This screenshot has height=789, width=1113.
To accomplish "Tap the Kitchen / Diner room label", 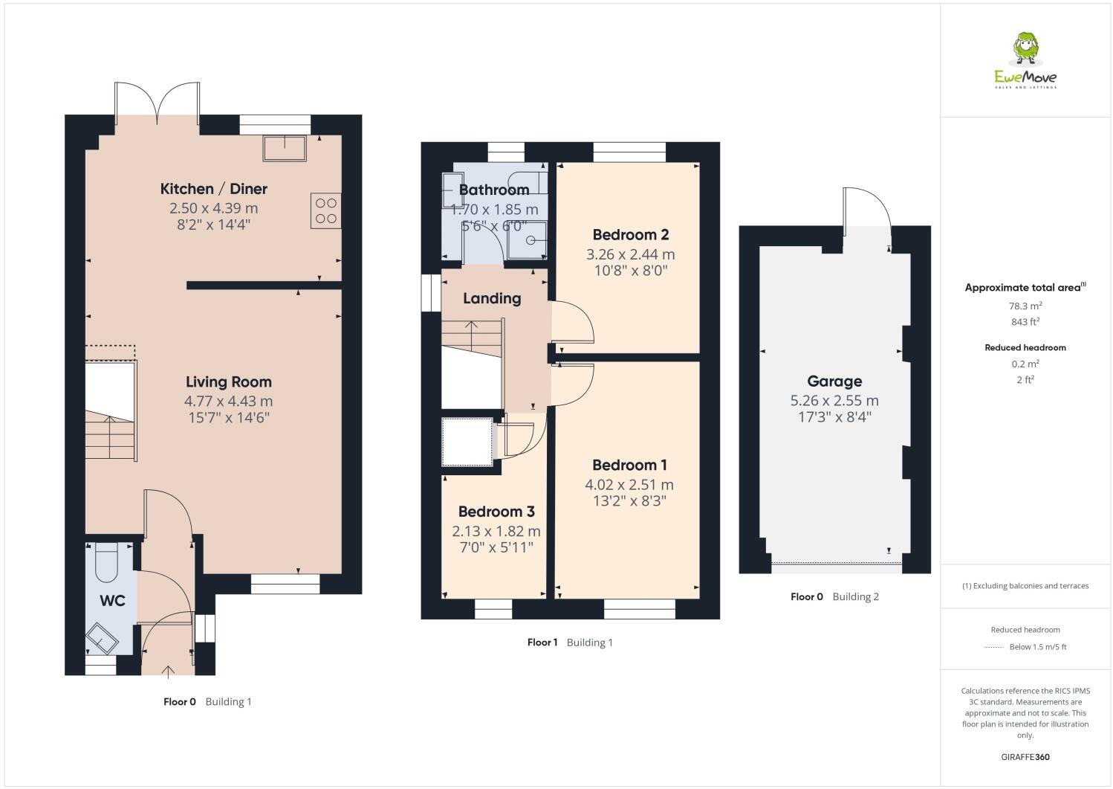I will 214,189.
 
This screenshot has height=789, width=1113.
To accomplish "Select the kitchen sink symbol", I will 285,148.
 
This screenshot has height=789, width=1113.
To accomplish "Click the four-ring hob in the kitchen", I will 325,210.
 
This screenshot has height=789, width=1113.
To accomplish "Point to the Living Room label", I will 228,382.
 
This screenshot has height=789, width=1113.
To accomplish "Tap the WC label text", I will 113,600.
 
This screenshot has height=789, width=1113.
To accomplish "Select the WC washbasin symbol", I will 102,637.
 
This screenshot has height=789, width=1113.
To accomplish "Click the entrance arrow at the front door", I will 168,672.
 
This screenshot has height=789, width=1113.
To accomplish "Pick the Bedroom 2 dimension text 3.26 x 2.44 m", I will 630,254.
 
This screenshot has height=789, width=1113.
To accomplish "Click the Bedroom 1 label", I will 629,466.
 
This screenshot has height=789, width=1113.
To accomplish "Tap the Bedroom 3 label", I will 496,512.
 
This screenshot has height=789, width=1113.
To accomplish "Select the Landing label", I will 492,298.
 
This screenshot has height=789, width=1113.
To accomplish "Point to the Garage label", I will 834,381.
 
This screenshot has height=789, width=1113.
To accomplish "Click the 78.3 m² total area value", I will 1025,306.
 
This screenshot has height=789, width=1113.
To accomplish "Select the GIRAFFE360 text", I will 1025,757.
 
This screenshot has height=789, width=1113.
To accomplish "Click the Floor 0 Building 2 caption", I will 834,596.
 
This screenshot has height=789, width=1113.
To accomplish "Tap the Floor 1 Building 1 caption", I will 570,643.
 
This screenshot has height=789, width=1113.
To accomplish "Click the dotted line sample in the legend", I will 993,647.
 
